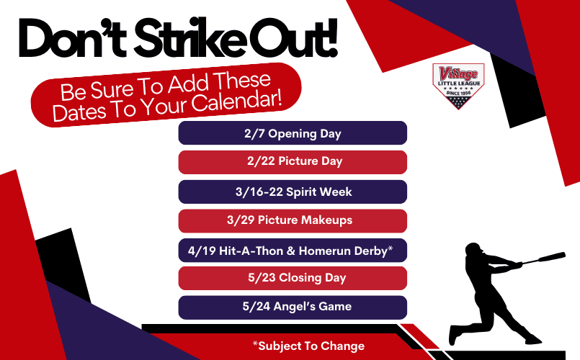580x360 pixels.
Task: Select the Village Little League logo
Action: pos(458,86)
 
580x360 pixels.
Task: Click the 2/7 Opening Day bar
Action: pos(293,133)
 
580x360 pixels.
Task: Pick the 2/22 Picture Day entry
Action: pos(293,162)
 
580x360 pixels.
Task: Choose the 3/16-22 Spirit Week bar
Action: pos(293,192)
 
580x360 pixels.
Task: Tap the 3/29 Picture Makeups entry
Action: pos(293,220)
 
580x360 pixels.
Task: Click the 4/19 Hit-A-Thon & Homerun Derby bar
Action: pos(293,251)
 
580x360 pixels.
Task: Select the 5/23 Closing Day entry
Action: pos(293,278)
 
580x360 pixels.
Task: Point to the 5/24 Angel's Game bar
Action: pos(293,307)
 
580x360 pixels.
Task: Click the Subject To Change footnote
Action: pos(308,346)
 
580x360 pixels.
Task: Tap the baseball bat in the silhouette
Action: pos(544,258)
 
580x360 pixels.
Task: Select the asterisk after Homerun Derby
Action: pos(390,248)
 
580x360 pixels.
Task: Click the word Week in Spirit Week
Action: pos(335,192)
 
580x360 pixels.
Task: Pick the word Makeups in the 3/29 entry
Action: pos(326,220)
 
